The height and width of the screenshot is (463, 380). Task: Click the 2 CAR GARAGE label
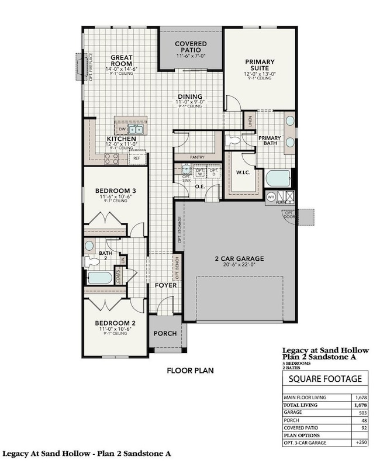click(240, 258)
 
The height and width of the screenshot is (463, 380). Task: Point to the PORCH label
click(165, 333)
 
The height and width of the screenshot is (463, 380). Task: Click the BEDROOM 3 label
click(116, 191)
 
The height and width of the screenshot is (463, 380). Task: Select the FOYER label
click(165, 286)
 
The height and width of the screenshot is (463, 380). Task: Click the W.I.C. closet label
click(243, 172)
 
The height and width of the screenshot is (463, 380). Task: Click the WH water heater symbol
click(271, 197)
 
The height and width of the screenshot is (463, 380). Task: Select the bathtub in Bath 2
click(100, 277)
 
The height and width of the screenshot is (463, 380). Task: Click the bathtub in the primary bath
click(277, 178)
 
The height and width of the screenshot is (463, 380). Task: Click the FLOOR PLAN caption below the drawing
click(190, 370)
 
